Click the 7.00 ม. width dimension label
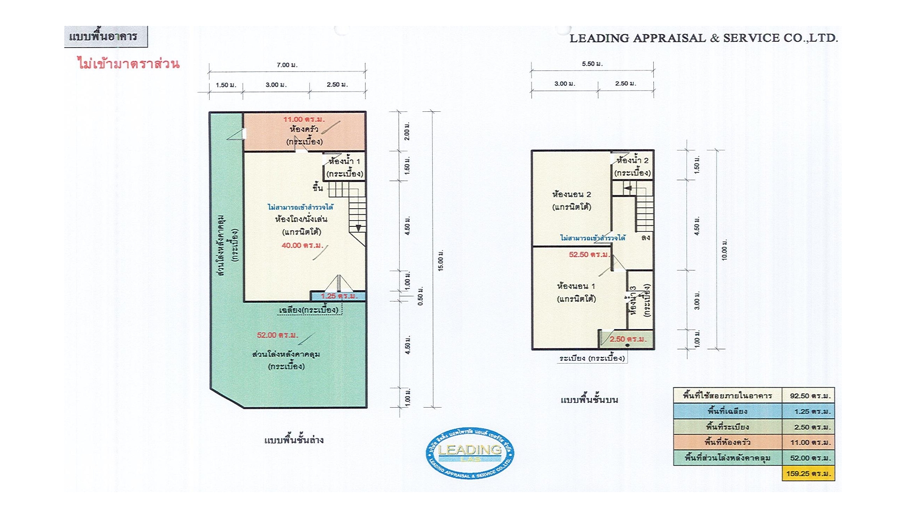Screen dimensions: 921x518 click(x=287, y=65)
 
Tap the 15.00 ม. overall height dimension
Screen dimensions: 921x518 click(x=441, y=260)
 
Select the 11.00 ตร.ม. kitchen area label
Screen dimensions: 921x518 click(x=304, y=119)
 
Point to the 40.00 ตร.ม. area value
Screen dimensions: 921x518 click(x=302, y=246)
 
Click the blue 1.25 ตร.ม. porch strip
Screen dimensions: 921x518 click(x=338, y=296)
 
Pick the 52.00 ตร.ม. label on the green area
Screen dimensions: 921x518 click(x=277, y=335)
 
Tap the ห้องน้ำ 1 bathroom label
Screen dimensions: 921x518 click(x=344, y=161)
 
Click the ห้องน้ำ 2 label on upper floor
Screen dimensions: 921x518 click(x=633, y=160)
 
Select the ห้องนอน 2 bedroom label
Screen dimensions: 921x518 click(x=572, y=194)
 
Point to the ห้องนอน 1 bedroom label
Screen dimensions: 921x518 click(x=576, y=286)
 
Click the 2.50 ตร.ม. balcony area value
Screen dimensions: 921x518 click(x=628, y=339)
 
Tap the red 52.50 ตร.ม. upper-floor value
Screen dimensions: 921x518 click(x=589, y=255)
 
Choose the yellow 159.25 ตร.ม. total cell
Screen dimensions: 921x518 click(x=808, y=473)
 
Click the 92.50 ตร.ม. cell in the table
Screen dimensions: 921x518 click(x=808, y=396)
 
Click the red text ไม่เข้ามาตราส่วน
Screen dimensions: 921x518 click(x=129, y=63)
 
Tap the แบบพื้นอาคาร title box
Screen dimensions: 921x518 click(x=106, y=36)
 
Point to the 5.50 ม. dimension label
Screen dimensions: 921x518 click(x=592, y=64)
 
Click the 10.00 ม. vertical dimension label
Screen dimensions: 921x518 click(x=725, y=250)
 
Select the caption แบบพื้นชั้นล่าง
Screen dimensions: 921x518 click(x=294, y=440)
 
